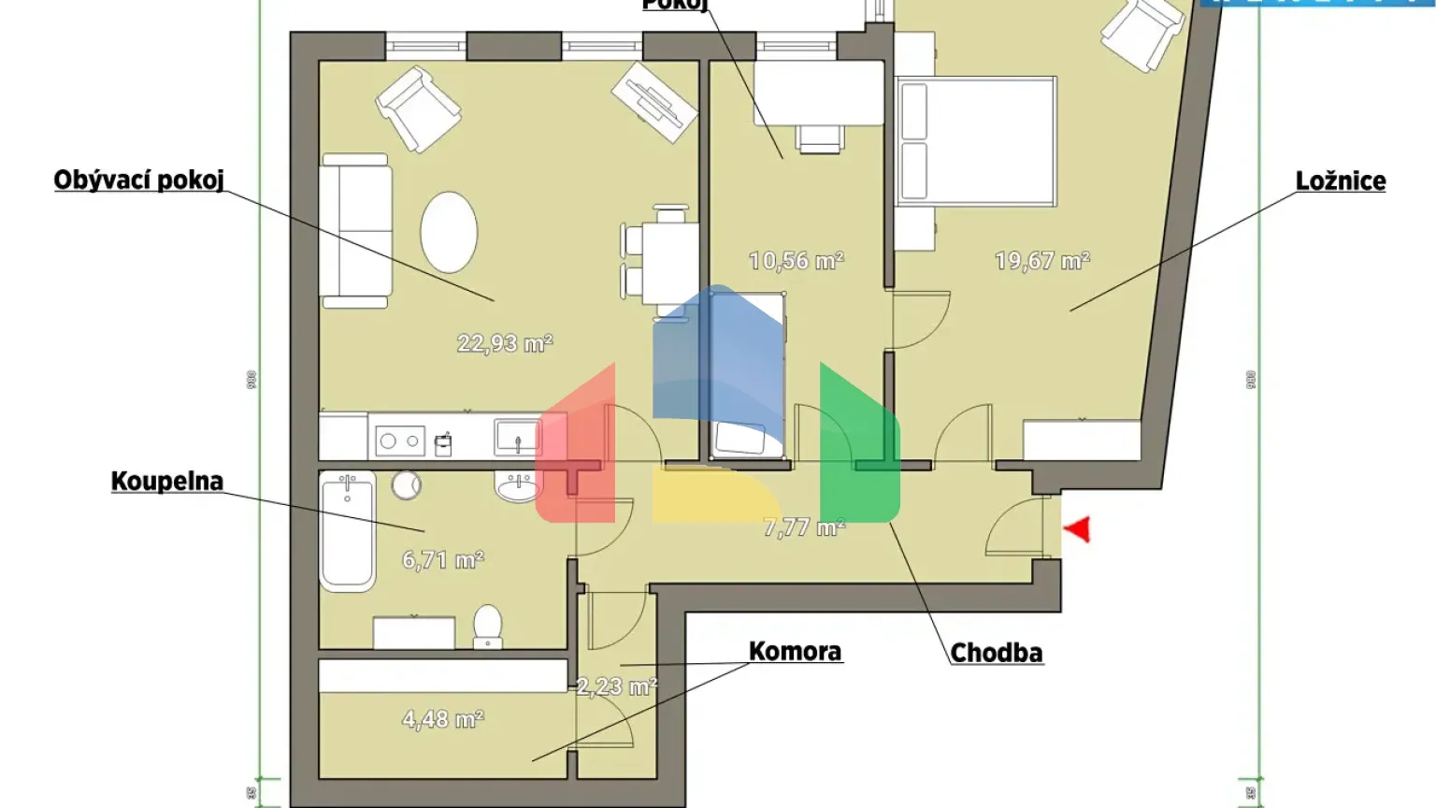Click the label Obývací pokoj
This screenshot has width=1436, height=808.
138,180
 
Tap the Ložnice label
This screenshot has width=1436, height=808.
1340,181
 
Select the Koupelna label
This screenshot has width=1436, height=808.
167,482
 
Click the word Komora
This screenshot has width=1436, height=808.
795,652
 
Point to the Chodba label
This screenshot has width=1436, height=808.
996,653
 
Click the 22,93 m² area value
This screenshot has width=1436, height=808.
505,343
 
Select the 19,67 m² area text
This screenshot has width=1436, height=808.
1042,260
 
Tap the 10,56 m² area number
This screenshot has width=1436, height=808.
797,260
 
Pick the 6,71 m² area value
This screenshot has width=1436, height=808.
443,559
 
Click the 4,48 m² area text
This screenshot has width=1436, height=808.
443,719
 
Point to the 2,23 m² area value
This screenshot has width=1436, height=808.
616,686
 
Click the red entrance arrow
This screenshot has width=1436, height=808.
1078,529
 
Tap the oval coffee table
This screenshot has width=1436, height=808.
449,232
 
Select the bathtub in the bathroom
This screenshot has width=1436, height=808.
348,531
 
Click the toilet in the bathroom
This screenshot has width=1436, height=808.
488,626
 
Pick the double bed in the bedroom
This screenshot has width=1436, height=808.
976,141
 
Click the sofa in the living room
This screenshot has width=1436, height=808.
355,231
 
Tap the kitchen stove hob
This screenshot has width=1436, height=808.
400,440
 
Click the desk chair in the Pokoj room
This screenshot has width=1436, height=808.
821,138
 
